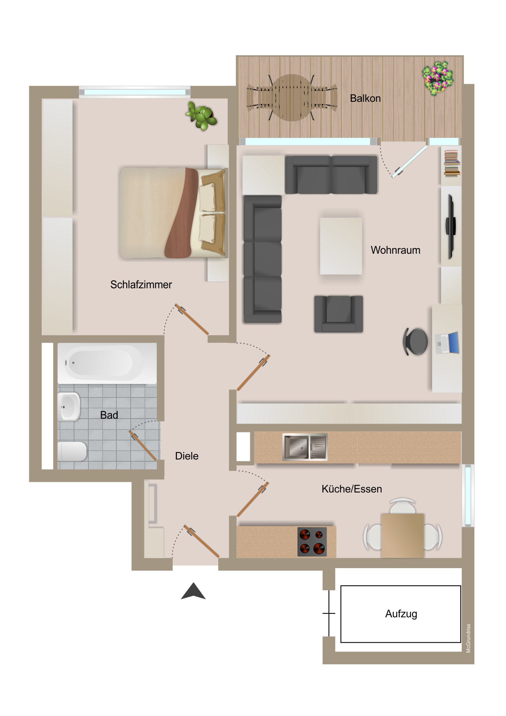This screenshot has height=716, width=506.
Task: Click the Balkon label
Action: click(365, 98)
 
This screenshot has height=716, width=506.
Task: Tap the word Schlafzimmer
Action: click(141, 285)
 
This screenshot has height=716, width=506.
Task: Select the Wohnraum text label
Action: click(395, 250)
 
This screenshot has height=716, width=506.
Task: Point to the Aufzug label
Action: click(401, 614)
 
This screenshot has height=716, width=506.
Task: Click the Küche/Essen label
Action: click(352, 489)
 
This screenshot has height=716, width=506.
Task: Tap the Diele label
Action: click(187, 456)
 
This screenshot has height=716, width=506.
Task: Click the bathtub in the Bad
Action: click(107, 363)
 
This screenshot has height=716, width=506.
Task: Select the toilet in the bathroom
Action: click(72, 452)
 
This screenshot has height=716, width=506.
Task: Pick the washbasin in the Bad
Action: click(69, 407)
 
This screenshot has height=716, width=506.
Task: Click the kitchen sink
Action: click(305, 447)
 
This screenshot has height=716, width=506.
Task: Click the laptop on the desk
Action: click(447, 343)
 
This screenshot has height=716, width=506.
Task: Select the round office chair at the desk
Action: click(415, 342)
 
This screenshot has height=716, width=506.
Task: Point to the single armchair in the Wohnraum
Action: click(338, 314)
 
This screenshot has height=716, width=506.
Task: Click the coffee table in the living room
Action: click(341, 246)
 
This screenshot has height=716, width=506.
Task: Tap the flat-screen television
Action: click(451, 227)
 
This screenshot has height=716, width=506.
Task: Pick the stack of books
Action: click(452, 163)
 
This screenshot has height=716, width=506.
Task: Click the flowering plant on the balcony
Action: click(438, 78)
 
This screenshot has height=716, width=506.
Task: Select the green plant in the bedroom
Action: click(201, 116)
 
